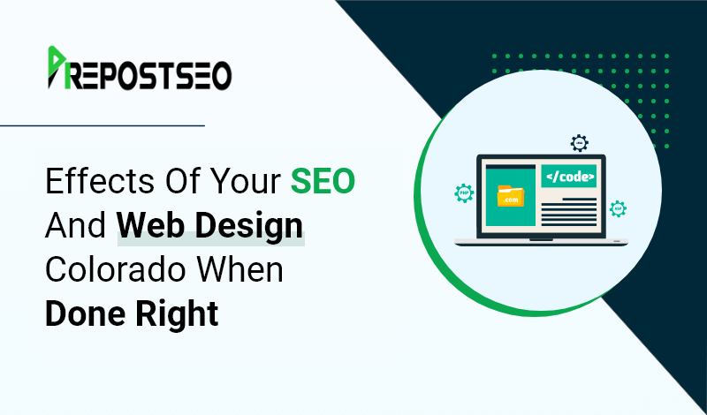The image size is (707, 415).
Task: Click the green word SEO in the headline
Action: [323, 181]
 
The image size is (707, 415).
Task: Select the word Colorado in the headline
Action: [116, 270]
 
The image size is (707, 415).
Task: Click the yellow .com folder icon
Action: [511, 196]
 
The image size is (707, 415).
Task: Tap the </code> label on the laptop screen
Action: [568, 177]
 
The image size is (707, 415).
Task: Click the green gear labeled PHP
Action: [464, 193]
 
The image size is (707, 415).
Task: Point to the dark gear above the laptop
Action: [580, 143]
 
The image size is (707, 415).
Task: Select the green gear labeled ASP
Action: [618, 209]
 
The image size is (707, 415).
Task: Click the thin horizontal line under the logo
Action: [103, 125]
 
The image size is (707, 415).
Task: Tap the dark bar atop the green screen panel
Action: [511, 166]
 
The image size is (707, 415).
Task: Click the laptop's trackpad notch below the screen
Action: [541, 239]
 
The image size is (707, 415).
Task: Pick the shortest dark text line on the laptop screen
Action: [580, 199]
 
